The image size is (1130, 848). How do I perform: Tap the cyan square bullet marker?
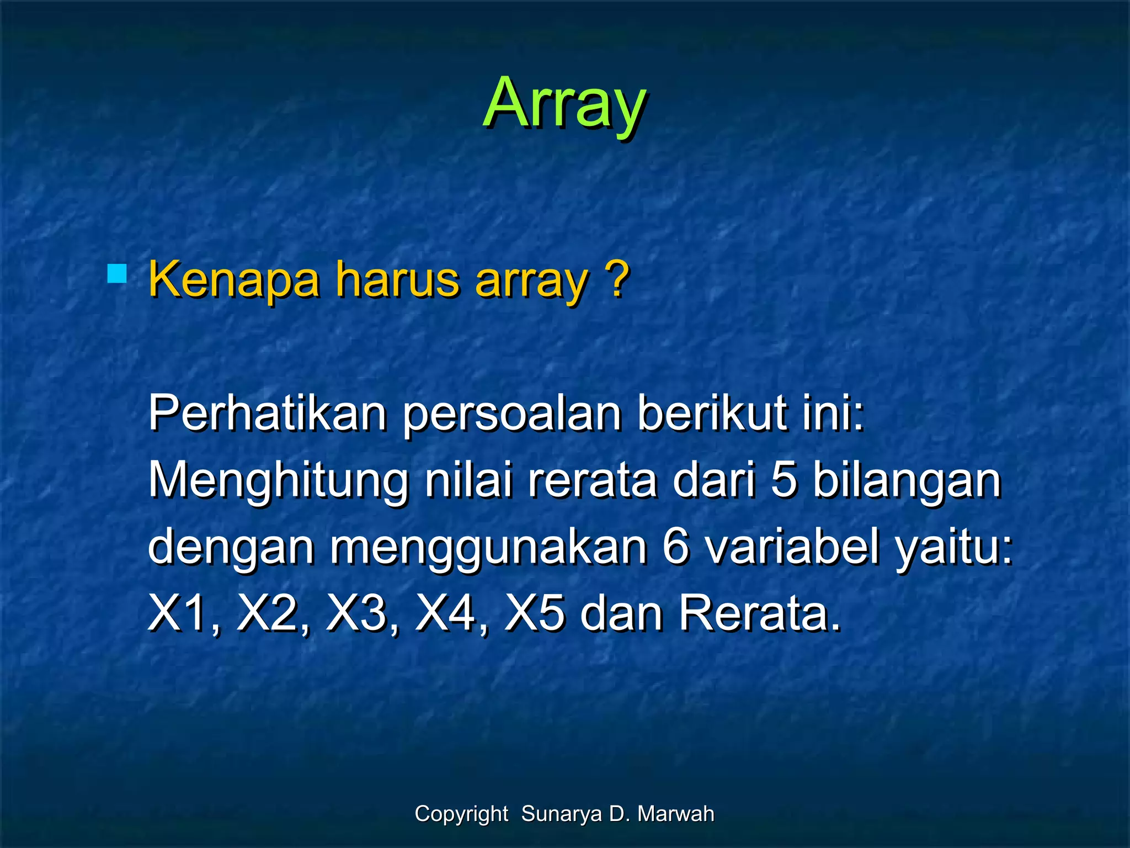117,274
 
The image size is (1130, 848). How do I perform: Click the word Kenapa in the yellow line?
234,280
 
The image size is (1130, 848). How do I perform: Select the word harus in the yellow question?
397,280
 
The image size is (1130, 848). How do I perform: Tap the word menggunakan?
488,549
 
